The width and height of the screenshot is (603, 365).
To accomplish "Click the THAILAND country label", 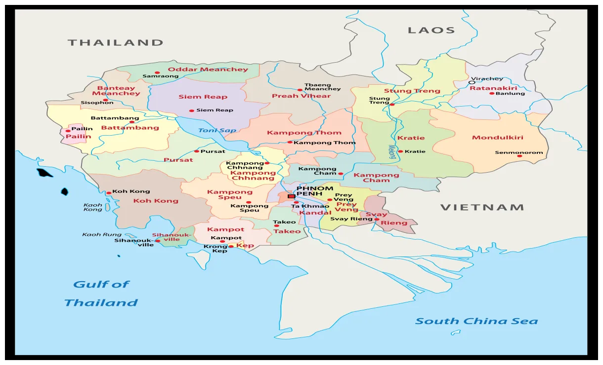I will coord(115,43).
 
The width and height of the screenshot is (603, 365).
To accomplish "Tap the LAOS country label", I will coord(431,31).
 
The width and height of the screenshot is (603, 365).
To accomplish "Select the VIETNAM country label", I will coord(482,208).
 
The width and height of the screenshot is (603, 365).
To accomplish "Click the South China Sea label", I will coord(476,322).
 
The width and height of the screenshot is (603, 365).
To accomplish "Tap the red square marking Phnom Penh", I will coord(291,196).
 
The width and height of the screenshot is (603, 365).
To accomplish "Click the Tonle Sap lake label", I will coord(217,131).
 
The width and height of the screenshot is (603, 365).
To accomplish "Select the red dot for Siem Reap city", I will coord(192,110).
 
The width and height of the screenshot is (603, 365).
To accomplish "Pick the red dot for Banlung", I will coord(492,93).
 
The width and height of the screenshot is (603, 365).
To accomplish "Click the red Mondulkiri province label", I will coord(497,138).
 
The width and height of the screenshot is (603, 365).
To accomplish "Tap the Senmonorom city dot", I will coord(519,156).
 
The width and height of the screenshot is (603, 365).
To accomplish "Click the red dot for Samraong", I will coord(158,73).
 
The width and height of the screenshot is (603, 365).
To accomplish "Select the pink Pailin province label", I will coord(78,137).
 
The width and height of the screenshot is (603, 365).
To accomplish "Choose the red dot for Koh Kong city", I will coord(109,193).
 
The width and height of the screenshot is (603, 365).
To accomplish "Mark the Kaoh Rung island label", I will coord(101,235).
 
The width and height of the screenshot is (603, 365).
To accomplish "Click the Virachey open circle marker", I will coord(472,83).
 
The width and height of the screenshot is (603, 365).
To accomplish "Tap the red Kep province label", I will coord(245,246).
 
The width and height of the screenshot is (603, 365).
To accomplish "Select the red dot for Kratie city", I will coord(400,151).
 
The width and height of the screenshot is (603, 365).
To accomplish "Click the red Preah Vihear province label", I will coord(301,96).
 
